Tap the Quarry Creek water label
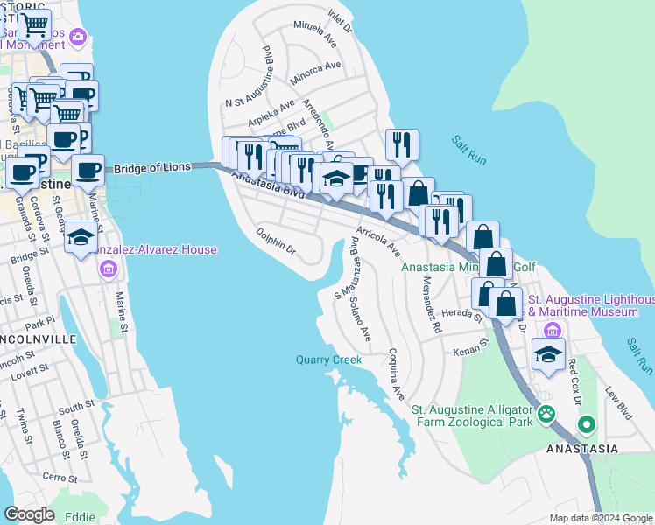click(328, 359)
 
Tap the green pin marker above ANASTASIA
click(585, 425)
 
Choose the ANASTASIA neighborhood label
click(582, 449)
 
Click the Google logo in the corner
click(29, 514)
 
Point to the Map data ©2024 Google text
click(600, 518)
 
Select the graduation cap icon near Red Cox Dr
click(548, 354)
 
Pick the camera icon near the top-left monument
click(79, 37)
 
